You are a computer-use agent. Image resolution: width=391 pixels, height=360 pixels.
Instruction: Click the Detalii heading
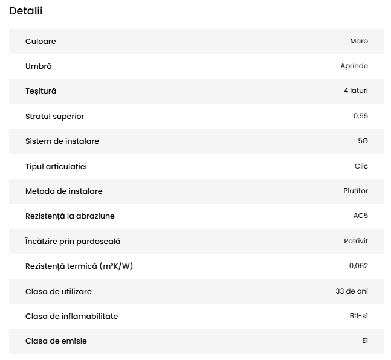(x=26, y=11)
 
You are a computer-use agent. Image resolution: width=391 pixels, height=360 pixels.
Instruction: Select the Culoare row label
(x=40, y=41)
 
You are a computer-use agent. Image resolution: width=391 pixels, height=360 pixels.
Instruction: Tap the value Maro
(x=358, y=41)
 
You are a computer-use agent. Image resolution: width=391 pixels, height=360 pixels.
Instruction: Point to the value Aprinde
(x=354, y=66)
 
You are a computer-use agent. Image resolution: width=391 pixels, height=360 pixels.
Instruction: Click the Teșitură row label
(x=41, y=91)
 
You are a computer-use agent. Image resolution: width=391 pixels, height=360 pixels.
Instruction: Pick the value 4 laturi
(x=355, y=91)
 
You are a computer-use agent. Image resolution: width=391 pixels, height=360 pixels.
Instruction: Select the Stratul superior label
(x=55, y=116)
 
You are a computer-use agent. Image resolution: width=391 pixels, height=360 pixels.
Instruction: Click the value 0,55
(x=360, y=116)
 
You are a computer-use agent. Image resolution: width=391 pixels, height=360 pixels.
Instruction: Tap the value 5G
(x=363, y=141)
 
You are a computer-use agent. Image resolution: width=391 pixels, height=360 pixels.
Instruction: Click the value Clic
(x=361, y=166)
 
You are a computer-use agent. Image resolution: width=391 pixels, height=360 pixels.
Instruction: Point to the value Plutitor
(x=355, y=191)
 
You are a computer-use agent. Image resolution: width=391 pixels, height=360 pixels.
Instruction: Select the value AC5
(x=360, y=216)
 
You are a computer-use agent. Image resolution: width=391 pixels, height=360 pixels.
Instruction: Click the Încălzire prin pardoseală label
(x=73, y=241)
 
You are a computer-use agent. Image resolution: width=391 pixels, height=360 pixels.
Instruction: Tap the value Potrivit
(x=356, y=241)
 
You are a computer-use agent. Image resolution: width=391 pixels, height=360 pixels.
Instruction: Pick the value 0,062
(x=358, y=266)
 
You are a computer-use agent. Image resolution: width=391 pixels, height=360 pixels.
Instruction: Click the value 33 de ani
(x=352, y=291)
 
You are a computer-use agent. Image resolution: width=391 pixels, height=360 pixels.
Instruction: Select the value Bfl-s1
(x=358, y=316)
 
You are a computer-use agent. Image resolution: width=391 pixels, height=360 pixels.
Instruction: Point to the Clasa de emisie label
(x=56, y=341)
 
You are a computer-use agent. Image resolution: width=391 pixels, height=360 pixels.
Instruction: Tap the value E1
(x=364, y=341)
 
